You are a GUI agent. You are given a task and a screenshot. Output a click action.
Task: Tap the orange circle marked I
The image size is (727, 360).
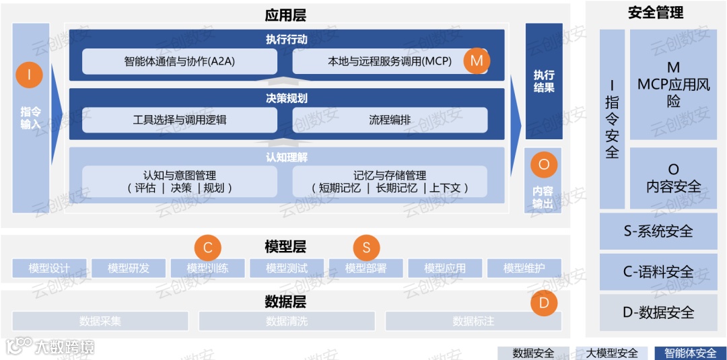tap(29, 75)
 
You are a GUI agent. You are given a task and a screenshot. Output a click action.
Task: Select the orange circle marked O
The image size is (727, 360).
tap(544, 165)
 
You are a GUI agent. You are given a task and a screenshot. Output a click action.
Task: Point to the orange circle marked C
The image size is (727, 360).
tap(207, 248)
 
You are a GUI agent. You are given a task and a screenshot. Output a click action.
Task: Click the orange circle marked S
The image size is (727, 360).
tap(366, 248)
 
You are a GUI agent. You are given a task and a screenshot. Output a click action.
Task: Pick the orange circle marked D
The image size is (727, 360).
tap(544, 303)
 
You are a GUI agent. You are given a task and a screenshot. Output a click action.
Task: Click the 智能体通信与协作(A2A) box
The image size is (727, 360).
tap(180, 61)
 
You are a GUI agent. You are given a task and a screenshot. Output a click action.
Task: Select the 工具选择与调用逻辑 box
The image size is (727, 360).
tap(180, 120)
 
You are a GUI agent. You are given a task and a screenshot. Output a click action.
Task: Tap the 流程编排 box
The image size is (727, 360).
tap(390, 120)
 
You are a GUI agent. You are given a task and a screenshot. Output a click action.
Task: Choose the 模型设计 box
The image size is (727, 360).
tap(50, 268)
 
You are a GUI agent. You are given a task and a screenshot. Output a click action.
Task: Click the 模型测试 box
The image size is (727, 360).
tap(287, 268)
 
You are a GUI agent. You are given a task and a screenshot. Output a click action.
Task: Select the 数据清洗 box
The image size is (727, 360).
tap(287, 321)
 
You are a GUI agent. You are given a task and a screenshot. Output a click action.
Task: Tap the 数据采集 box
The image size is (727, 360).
tap(100, 321)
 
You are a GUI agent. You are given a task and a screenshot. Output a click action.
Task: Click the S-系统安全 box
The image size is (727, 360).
tap(658, 231)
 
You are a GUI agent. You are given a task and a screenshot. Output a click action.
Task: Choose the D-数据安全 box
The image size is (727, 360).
tap(658, 312)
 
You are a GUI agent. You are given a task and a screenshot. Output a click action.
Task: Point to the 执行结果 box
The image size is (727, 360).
tap(544, 81)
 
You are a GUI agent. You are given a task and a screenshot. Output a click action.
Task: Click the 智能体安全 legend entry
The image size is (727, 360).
tap(690, 353)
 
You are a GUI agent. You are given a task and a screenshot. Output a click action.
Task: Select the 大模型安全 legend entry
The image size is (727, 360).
tap(611, 353)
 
